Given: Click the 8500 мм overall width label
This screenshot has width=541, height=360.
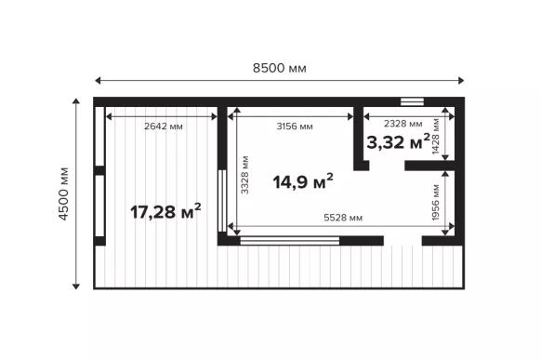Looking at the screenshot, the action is pyautogui.click(x=280, y=68).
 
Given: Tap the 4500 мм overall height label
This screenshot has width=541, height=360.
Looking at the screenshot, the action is pyautogui.click(x=64, y=193).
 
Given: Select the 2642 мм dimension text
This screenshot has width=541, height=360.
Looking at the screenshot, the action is pyautogui.click(x=164, y=127).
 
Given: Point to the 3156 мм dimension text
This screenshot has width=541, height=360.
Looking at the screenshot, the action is pyautogui.click(x=295, y=127).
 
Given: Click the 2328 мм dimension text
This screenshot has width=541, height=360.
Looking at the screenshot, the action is pyautogui.click(x=403, y=124).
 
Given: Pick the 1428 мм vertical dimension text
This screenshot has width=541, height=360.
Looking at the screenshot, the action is pyautogui.click(x=436, y=137).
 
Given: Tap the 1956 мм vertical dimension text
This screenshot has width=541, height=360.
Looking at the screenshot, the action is pyautogui.click(x=436, y=203).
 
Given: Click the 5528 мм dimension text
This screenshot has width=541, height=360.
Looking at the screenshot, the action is pyautogui.click(x=343, y=218).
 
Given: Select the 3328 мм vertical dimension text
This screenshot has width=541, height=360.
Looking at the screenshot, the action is pyautogui.click(x=244, y=175).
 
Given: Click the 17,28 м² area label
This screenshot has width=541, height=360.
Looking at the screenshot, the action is pyautogui.click(x=165, y=211).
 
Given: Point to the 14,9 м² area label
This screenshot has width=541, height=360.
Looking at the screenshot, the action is pyautogui.click(x=303, y=181).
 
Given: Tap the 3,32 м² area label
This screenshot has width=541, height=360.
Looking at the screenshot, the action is pyautogui.click(x=398, y=141).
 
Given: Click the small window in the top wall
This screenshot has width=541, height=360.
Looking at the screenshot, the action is pyautogui.click(x=412, y=101).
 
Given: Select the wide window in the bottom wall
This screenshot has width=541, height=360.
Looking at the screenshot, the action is pyautogui.click(x=290, y=241).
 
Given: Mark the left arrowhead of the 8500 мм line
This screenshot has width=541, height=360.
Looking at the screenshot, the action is pyautogui.click(x=98, y=80).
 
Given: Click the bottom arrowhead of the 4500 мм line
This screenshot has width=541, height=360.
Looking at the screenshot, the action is pyautogui.click(x=76, y=287).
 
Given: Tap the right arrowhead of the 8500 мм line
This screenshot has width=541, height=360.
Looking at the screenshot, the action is pyautogui.click(x=461, y=80).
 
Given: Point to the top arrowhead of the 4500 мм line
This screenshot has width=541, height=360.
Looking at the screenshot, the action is pyautogui.click(x=76, y=100).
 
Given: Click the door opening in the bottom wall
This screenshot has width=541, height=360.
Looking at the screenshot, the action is pyautogui.click(x=402, y=241).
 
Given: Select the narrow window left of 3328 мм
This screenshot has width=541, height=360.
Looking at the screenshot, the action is pyautogui.click(x=222, y=201).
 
